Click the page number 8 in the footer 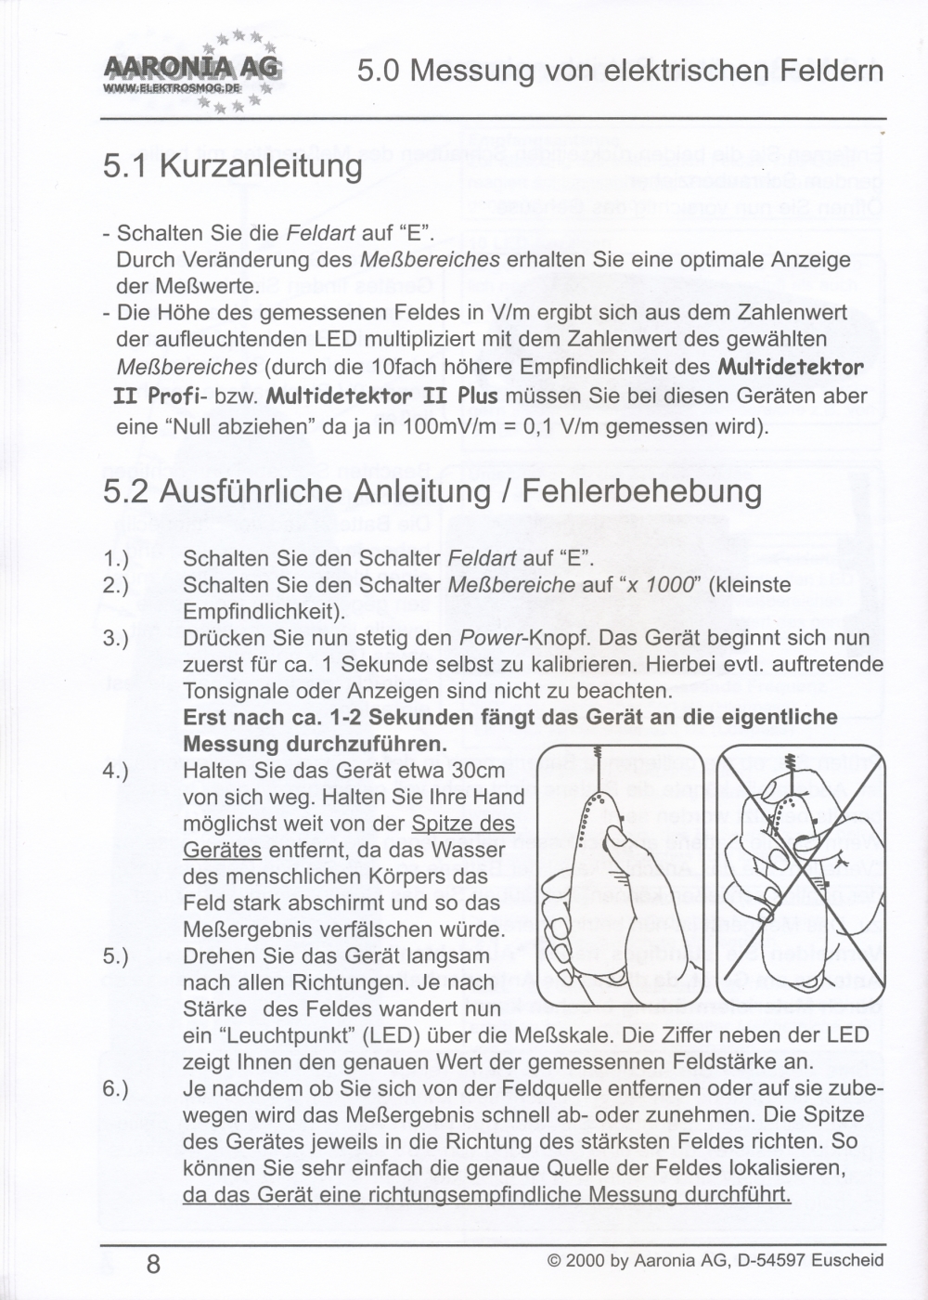coord(153,1264)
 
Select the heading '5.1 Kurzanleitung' coord(233,166)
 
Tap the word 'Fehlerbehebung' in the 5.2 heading coord(641,491)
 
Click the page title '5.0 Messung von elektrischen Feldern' coord(620,71)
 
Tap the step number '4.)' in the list coord(116,771)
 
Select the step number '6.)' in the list coord(116,1088)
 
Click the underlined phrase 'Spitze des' coord(463,824)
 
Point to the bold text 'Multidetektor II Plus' coord(381,396)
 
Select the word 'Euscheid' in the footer coord(847,1261)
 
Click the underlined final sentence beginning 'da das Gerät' coord(486,1194)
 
